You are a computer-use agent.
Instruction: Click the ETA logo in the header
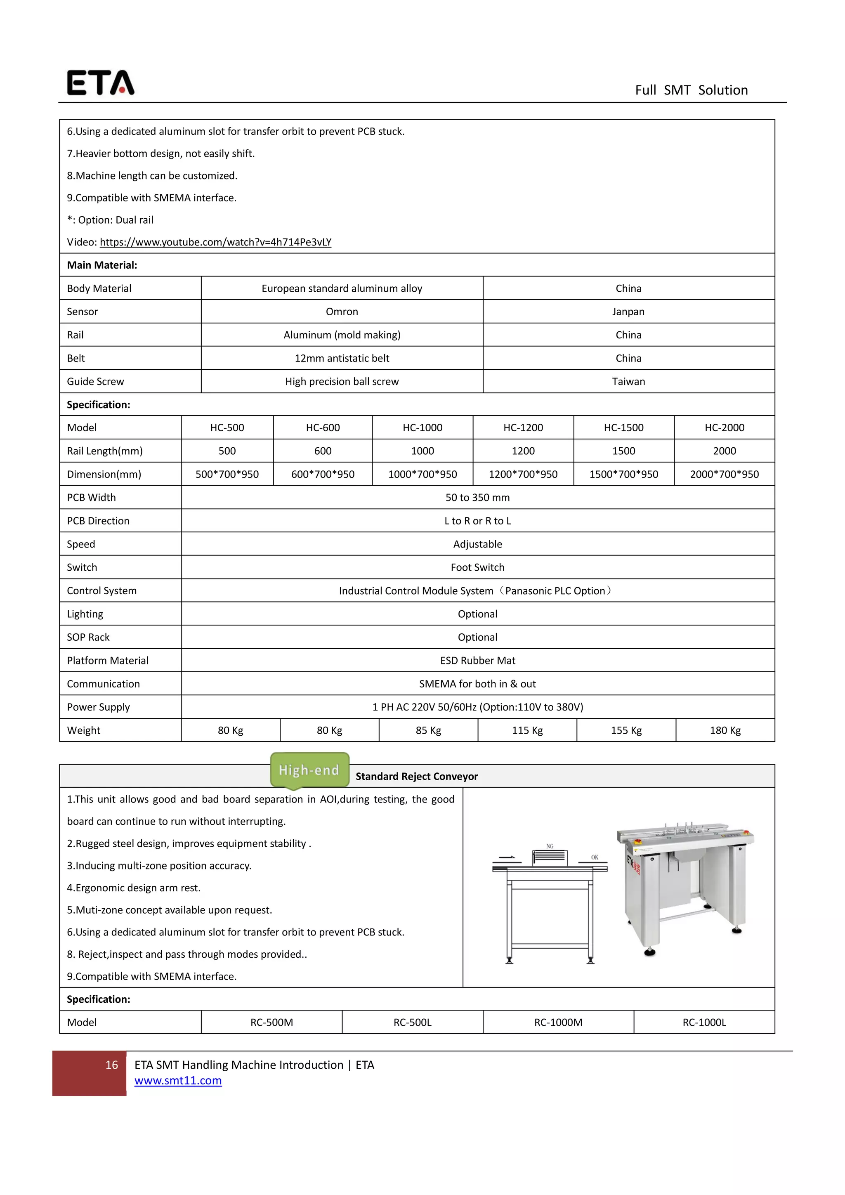100,83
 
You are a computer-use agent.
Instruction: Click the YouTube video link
215,242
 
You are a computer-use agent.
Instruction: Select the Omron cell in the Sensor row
342,312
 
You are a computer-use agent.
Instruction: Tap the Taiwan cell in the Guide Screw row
628,382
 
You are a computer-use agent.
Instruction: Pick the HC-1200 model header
523,428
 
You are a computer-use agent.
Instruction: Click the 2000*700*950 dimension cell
724,474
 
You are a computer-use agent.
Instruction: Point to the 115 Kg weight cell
527,730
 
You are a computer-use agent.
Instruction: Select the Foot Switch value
477,567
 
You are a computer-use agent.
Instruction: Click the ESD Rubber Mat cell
477,661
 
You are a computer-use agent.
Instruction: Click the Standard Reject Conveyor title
416,777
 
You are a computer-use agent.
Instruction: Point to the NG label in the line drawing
550,846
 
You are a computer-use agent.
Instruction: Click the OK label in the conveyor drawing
595,857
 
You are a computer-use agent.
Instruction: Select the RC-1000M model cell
558,1022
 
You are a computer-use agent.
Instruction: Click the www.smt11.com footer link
178,1081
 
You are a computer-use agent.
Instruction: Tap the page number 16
111,1065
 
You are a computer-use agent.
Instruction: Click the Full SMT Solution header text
691,90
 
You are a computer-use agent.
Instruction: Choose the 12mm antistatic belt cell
342,358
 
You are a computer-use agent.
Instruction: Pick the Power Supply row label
98,707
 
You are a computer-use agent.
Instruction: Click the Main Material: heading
102,265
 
